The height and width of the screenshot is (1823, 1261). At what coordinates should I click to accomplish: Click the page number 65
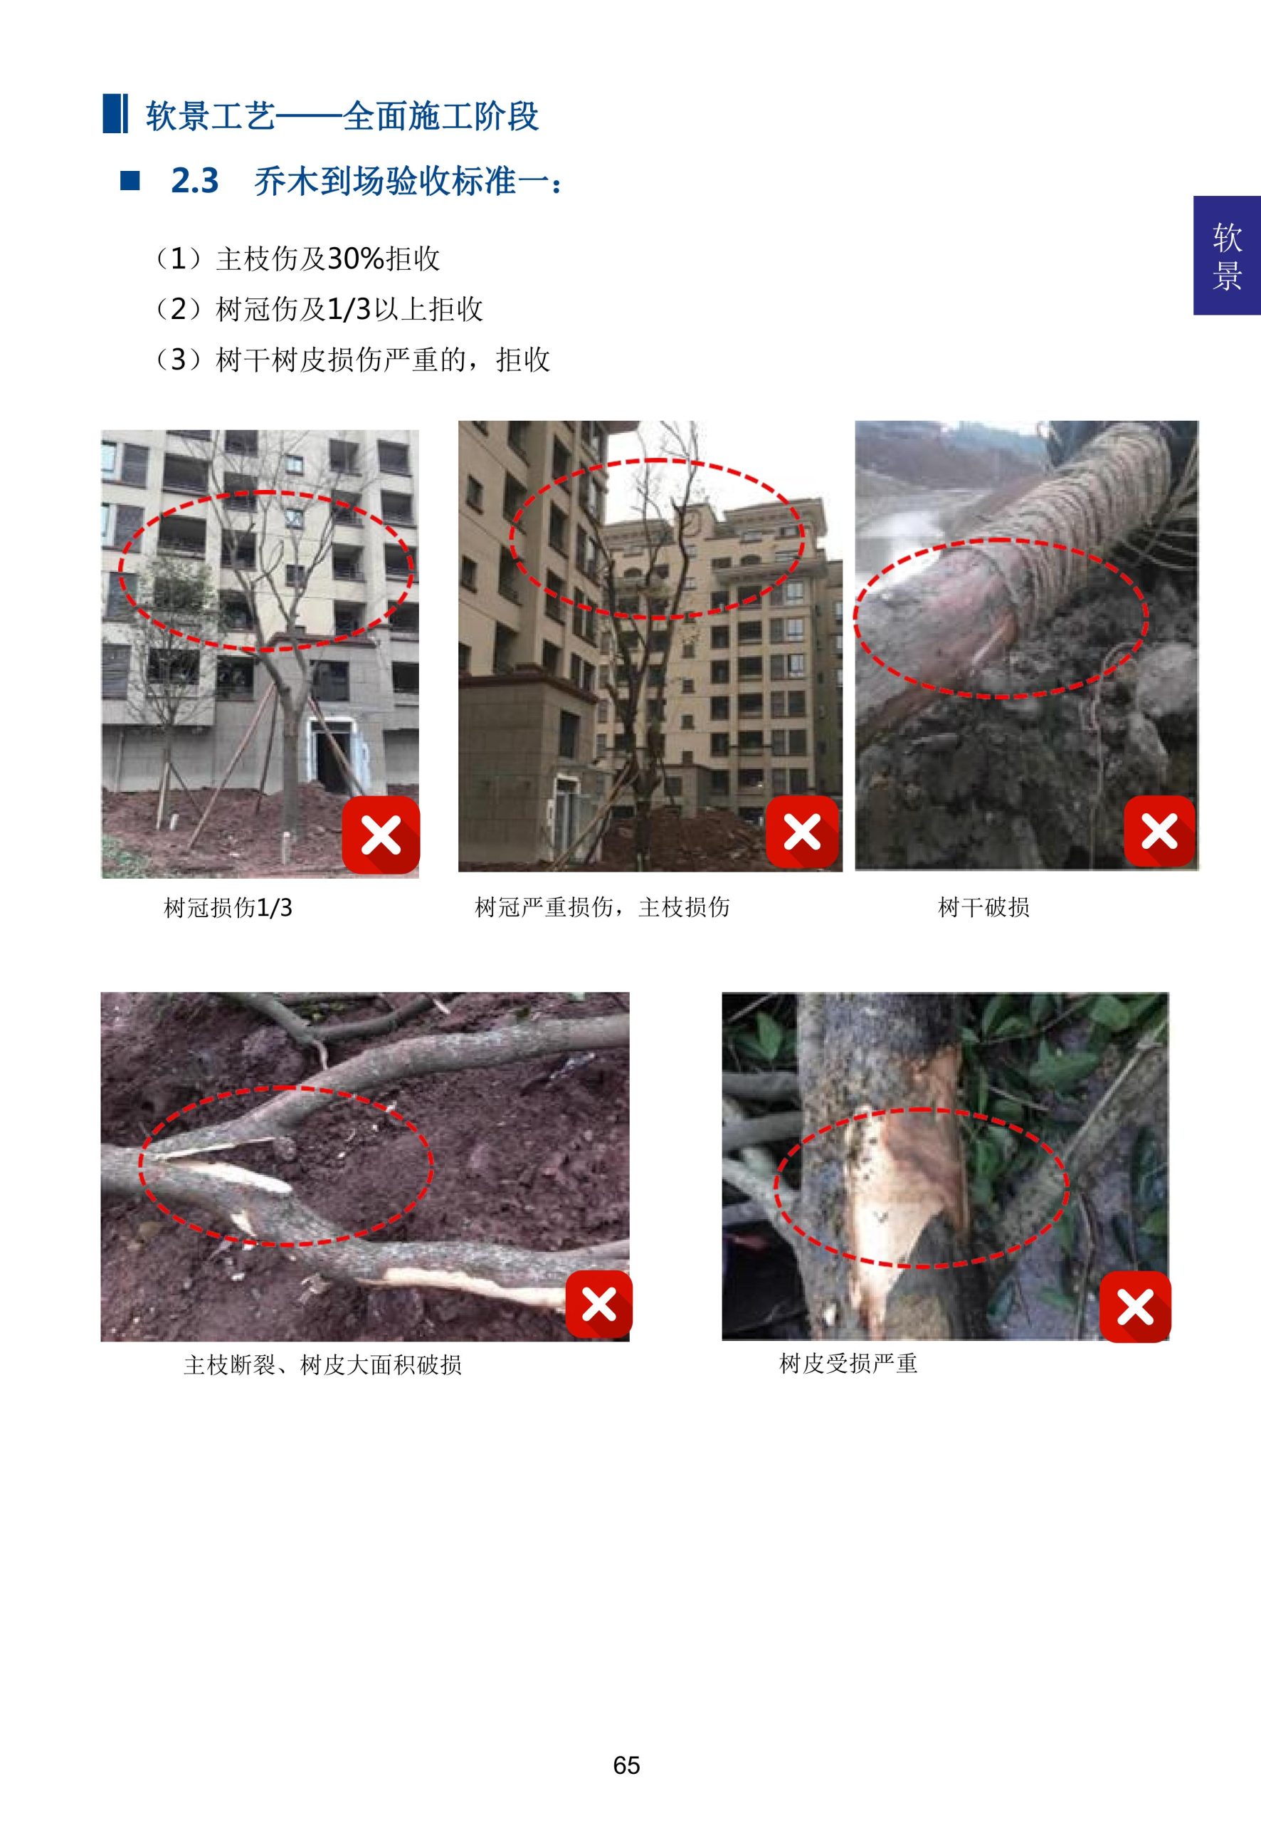(x=626, y=1765)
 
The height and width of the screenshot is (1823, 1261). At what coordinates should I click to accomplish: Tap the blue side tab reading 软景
(x=1226, y=256)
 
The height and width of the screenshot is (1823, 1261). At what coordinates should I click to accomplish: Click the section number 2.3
(x=194, y=181)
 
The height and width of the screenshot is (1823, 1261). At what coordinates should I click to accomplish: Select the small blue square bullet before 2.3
(x=130, y=181)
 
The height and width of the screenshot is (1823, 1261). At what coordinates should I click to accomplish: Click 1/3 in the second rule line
(x=349, y=309)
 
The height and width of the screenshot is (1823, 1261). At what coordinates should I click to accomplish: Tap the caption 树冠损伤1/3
(x=228, y=907)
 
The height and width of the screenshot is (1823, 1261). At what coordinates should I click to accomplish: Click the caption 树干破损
(x=983, y=907)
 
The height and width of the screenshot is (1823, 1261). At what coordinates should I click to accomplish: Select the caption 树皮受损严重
(x=848, y=1363)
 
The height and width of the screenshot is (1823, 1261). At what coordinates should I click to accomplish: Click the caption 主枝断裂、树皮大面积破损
(x=322, y=1364)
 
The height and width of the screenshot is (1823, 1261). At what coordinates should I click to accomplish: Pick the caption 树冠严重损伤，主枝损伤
(x=601, y=907)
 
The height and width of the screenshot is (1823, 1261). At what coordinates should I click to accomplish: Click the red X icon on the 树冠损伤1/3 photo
(x=381, y=835)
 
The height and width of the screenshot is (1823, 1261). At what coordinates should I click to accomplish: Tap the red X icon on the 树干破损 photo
(x=1159, y=832)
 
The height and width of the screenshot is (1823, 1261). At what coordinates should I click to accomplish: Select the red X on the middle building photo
(x=802, y=832)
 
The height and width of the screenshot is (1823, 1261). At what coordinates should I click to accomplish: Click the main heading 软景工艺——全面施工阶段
(x=342, y=116)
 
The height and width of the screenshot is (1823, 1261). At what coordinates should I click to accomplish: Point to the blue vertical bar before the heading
(x=115, y=114)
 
